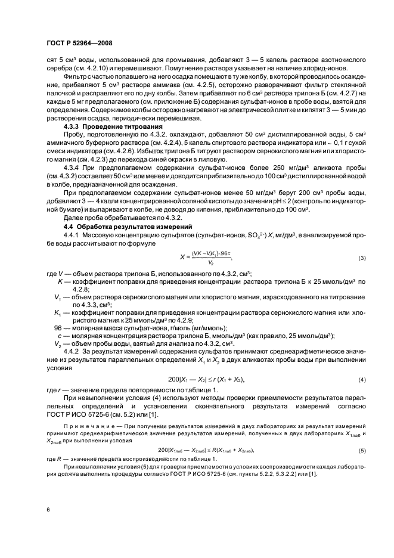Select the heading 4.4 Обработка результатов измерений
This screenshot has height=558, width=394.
click(122, 228)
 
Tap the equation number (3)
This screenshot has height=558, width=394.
click(361, 259)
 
